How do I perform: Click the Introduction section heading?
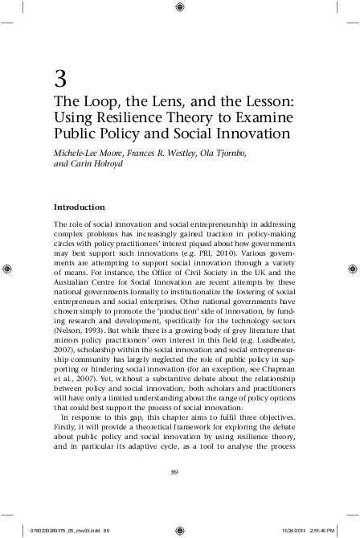point(79,207)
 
